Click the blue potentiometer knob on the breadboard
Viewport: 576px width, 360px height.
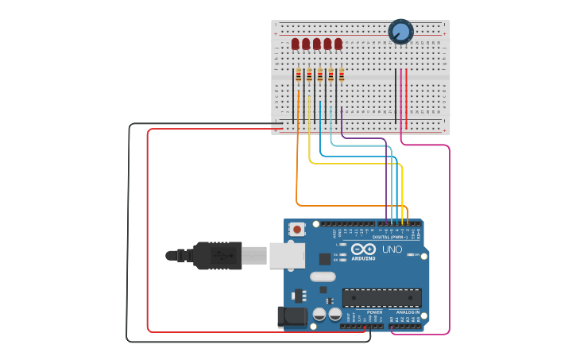tap(400, 32)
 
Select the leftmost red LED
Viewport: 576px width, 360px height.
tap(296, 44)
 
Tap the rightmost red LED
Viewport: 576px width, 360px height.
tap(338, 44)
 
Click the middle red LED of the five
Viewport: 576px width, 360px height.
tap(317, 44)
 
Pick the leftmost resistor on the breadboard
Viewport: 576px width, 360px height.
tap(299, 75)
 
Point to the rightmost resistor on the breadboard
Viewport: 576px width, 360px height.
tap(342, 75)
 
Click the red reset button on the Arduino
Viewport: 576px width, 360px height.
tap(297, 230)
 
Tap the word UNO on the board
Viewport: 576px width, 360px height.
tap(392, 250)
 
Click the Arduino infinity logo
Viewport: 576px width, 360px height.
tap(363, 250)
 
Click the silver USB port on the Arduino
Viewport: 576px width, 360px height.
tap(285, 254)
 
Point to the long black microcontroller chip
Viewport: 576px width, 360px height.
tap(381, 297)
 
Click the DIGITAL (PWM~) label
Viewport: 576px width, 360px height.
tap(390, 238)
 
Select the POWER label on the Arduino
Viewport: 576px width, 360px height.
tap(374, 312)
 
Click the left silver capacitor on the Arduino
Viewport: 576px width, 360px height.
tap(319, 314)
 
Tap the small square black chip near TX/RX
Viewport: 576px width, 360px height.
tap(324, 258)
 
